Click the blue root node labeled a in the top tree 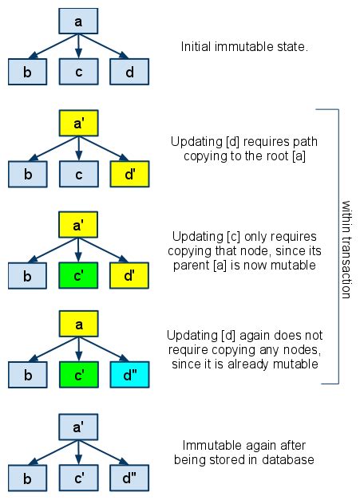point(78,22)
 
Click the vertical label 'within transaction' point(346,247)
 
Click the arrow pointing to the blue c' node point(78,455)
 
